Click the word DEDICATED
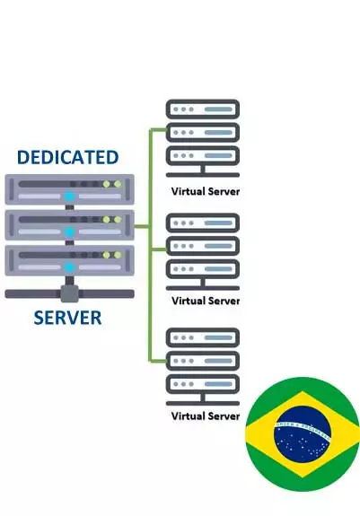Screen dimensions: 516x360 pyautogui.click(x=67, y=157)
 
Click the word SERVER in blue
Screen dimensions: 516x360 pyautogui.click(x=67, y=318)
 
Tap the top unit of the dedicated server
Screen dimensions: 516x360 pyautogui.click(x=69, y=189)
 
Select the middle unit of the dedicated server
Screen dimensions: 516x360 pyautogui.click(x=69, y=224)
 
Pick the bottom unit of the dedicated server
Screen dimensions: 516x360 pyautogui.click(x=69, y=260)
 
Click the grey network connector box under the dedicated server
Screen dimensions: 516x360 pyautogui.click(x=69, y=292)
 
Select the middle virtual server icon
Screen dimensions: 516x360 pyautogui.click(x=203, y=251)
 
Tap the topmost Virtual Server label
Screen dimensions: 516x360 pyautogui.click(x=206, y=191)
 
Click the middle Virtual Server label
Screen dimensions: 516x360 pyautogui.click(x=206, y=301)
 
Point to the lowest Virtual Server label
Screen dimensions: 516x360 pyautogui.click(x=206, y=415)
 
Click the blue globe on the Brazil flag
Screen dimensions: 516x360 pyautogui.click(x=303, y=435)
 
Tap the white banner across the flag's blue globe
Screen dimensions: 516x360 pyautogui.click(x=303, y=428)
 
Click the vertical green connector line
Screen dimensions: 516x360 pyautogui.click(x=149, y=242)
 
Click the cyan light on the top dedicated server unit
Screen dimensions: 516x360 pyautogui.click(x=69, y=196)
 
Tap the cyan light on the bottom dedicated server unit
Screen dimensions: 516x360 pyautogui.click(x=69, y=267)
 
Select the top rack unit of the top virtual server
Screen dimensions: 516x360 pyautogui.click(x=203, y=109)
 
